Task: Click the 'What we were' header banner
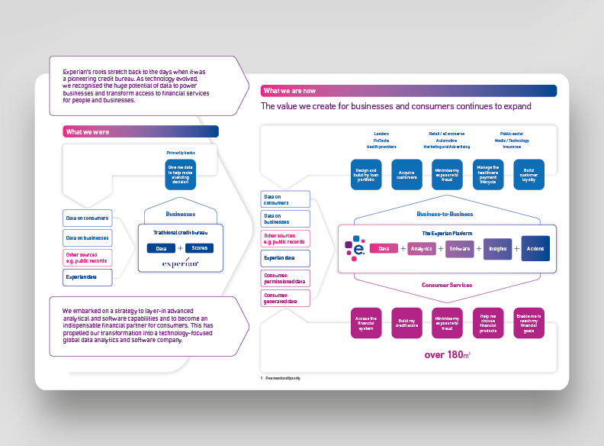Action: coord(140,132)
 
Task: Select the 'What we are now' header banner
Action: coord(408,91)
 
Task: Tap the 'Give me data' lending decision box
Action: coord(180,173)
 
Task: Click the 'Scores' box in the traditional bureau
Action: coord(199,248)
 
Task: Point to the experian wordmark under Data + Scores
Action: coord(180,263)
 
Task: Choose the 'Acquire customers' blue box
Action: coord(406,173)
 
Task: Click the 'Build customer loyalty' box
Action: coord(528,173)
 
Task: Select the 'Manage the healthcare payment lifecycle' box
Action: coord(487,173)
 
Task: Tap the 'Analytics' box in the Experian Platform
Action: coord(422,248)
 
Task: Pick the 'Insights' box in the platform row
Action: coord(497,248)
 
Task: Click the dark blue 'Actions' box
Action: coord(535,248)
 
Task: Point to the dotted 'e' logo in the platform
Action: coord(355,249)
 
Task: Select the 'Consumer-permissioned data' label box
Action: coord(286,278)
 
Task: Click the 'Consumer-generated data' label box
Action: coord(286,298)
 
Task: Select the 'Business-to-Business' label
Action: coord(445,214)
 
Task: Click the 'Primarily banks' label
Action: coord(180,154)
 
